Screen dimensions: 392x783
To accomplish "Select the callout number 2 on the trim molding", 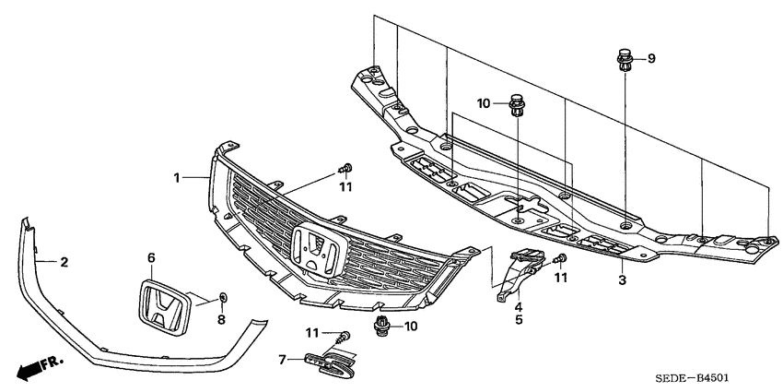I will [x=64, y=262].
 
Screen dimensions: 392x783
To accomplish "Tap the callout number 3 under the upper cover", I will [x=622, y=279].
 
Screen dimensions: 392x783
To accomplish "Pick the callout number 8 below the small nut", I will [x=221, y=319].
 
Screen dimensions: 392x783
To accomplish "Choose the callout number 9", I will [x=651, y=59].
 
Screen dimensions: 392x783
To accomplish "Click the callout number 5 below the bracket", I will [x=519, y=320].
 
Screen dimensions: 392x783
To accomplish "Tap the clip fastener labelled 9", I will [x=624, y=64].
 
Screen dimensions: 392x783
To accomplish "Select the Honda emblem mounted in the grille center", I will [x=317, y=247].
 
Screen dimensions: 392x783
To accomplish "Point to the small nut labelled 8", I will [x=222, y=297].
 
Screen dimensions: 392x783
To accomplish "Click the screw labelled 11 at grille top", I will [x=346, y=168].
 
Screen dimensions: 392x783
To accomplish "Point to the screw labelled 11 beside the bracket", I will [x=560, y=261].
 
